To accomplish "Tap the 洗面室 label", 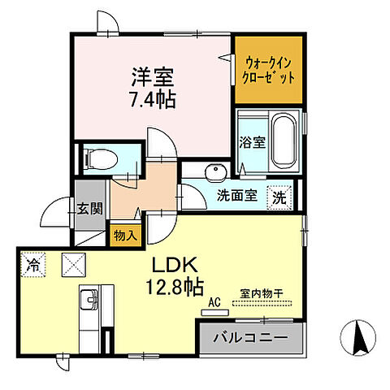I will coord(236,195).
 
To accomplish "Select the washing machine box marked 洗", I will coord(279,196).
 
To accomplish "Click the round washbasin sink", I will coord(213,171).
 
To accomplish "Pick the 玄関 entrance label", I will coord(89,208).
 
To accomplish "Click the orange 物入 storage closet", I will coord(125,235).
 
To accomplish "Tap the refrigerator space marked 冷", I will coord(34,264).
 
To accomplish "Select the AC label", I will coord(214,301).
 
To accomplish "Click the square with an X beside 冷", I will coord(75,264).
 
